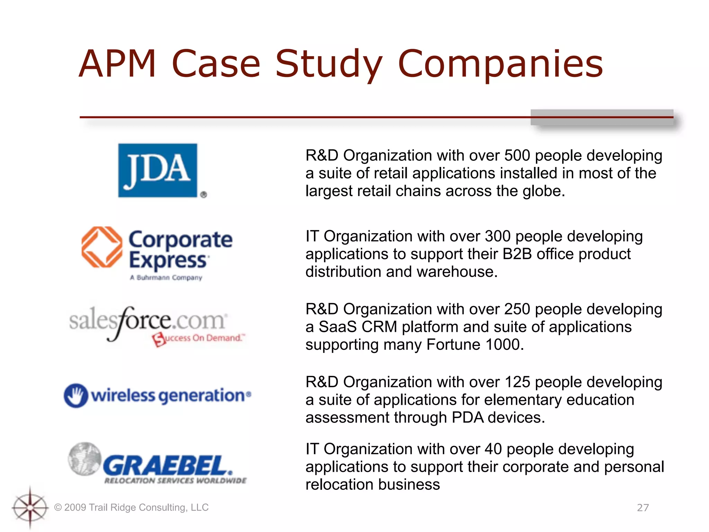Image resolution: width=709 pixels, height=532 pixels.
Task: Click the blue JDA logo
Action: tap(158, 170)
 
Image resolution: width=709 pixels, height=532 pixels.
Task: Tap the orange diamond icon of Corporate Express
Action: tap(102, 247)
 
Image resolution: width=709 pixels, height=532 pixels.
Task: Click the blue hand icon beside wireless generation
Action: tap(76, 395)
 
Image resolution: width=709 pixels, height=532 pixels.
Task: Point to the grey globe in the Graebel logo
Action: tap(85, 459)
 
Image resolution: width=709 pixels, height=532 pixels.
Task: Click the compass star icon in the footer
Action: tap(30, 508)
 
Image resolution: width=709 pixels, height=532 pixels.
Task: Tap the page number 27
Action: tap(643, 508)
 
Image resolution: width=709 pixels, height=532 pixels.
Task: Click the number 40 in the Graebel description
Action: tap(493, 449)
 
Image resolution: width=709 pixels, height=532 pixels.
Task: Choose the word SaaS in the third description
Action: tap(338, 327)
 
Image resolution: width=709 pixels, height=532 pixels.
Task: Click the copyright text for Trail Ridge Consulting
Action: tap(132, 507)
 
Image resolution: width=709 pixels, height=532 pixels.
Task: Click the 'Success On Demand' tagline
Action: tap(199, 338)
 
